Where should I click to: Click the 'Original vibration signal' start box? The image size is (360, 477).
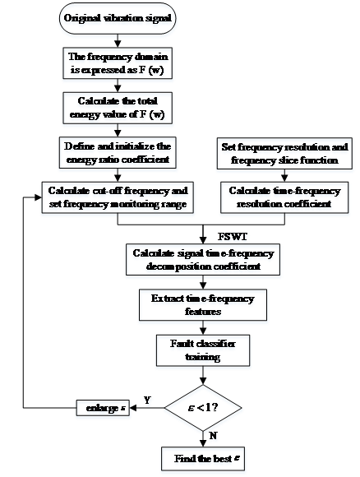[118, 18]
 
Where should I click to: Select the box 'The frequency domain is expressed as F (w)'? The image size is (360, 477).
[118, 63]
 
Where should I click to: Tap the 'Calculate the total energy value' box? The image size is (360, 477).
[118, 108]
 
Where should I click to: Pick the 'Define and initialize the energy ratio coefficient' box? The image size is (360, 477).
[118, 153]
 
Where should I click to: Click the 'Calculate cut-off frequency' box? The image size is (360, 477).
[118, 197]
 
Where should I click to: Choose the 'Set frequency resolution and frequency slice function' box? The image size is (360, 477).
[284, 153]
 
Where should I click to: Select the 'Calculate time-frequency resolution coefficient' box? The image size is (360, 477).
[284, 197]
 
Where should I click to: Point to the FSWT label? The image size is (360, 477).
[233, 237]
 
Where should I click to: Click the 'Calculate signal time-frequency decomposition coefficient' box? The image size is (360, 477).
[203, 260]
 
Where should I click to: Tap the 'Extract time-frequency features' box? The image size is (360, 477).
[203, 305]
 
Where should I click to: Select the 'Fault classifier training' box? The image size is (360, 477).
[203, 350]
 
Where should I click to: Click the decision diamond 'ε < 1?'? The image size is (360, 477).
[203, 408]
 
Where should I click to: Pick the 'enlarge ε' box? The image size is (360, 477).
[103, 408]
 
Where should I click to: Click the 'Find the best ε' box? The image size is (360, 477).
[203, 458]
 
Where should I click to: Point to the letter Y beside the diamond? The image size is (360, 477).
[147, 400]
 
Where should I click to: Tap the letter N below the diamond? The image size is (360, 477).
[213, 436]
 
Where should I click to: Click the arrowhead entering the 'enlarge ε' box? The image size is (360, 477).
[133, 408]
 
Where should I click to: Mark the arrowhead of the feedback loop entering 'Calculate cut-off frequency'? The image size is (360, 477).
[39, 197]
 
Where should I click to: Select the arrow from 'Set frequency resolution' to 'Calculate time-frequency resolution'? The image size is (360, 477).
[284, 175]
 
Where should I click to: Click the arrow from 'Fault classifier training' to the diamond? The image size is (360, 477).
[203, 375]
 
